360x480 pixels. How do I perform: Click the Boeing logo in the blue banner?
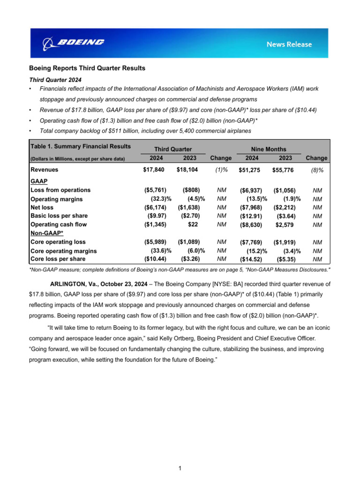tap(74, 43)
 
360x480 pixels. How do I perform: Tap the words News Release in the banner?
tap(289, 44)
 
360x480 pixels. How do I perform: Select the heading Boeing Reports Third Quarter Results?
tap(88, 68)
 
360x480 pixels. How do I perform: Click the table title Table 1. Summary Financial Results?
tap(80, 146)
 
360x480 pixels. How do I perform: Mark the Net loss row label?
tap(42, 207)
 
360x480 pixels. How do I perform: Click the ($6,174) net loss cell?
tap(155, 207)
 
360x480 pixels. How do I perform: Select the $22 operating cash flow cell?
tap(193, 225)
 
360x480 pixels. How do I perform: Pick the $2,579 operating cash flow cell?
tap(285, 225)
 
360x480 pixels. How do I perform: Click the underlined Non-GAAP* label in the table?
tap(47, 233)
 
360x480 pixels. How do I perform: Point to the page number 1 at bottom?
tap(180, 468)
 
